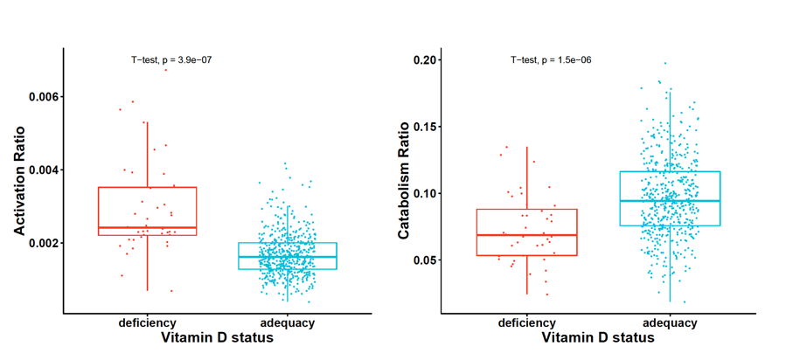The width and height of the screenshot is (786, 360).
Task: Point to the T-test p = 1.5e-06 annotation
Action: [551, 59]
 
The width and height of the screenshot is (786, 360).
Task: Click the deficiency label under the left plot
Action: [148, 323]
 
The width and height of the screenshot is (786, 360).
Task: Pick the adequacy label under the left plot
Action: [287, 323]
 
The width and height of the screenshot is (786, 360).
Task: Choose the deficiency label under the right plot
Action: [527, 323]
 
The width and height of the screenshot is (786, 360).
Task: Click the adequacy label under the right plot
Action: [670, 323]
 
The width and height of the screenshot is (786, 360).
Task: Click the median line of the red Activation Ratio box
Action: [148, 227]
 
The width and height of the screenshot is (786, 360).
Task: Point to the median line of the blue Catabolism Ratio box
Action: [670, 201]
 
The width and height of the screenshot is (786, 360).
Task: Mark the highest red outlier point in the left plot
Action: [165, 69]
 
